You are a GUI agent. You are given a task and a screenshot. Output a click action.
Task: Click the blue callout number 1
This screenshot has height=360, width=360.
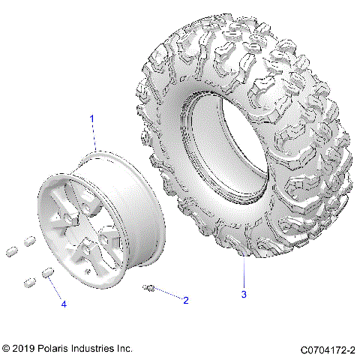92,119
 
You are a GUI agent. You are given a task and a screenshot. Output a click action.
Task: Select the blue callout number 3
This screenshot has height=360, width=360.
243,294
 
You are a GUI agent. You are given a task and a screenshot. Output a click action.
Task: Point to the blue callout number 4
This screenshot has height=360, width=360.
63,304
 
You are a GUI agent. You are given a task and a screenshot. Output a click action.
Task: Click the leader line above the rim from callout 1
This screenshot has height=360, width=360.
95,139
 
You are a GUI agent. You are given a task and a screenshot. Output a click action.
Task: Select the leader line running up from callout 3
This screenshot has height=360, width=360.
244,273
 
